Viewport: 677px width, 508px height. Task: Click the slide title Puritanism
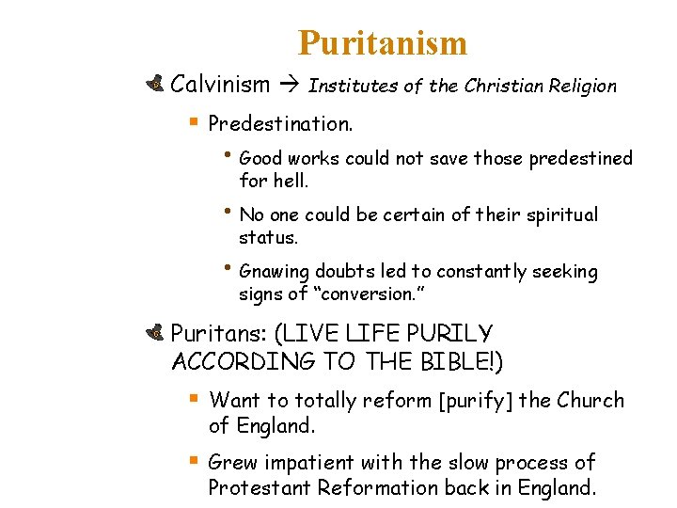click(383, 43)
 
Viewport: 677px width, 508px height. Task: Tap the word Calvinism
click(220, 85)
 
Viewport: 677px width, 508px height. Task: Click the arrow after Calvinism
click(289, 86)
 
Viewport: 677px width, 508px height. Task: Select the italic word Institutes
click(353, 86)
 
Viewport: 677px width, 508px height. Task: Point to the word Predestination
click(280, 123)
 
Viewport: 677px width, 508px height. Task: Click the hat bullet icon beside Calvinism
click(157, 85)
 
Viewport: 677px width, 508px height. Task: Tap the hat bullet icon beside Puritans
click(157, 333)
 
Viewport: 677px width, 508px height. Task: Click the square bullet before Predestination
click(194, 122)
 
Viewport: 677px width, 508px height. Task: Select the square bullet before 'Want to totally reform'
click(194, 399)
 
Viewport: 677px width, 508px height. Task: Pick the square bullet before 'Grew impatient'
click(194, 461)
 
